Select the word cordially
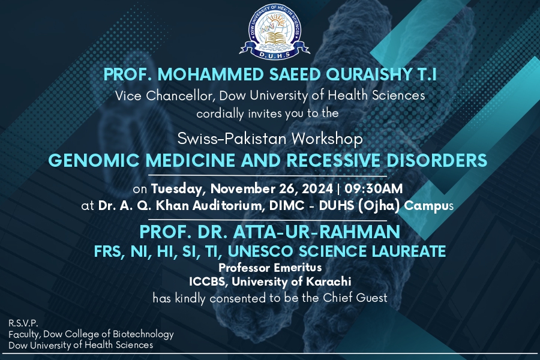click(220, 113)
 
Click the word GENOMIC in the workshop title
click(94, 160)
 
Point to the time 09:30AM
click(374, 189)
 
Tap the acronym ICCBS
click(208, 282)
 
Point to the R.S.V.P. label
click(23, 323)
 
